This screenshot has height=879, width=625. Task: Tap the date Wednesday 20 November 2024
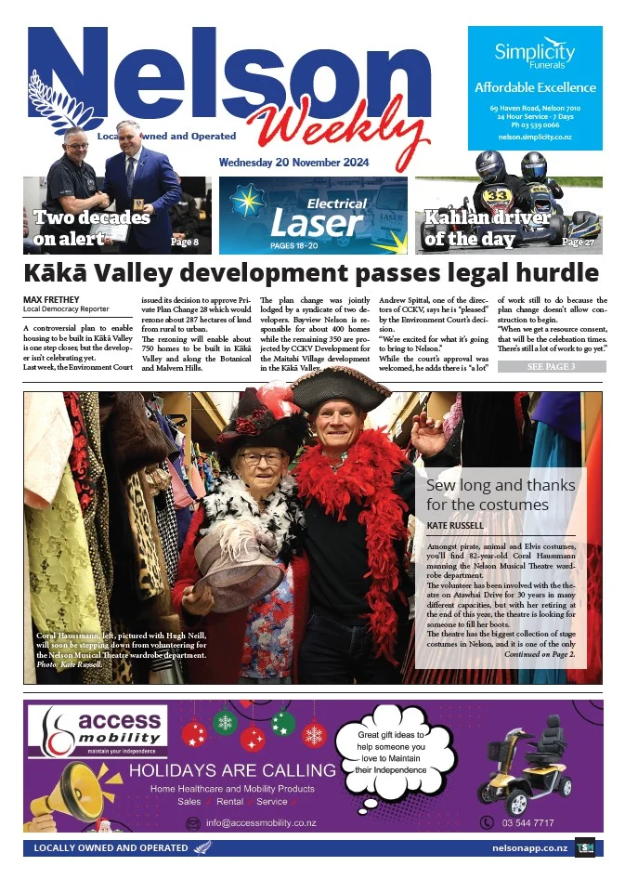click(293, 163)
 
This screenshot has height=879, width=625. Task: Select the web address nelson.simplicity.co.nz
click(534, 136)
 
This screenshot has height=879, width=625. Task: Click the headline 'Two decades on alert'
click(91, 229)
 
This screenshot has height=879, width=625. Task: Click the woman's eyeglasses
click(262, 459)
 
